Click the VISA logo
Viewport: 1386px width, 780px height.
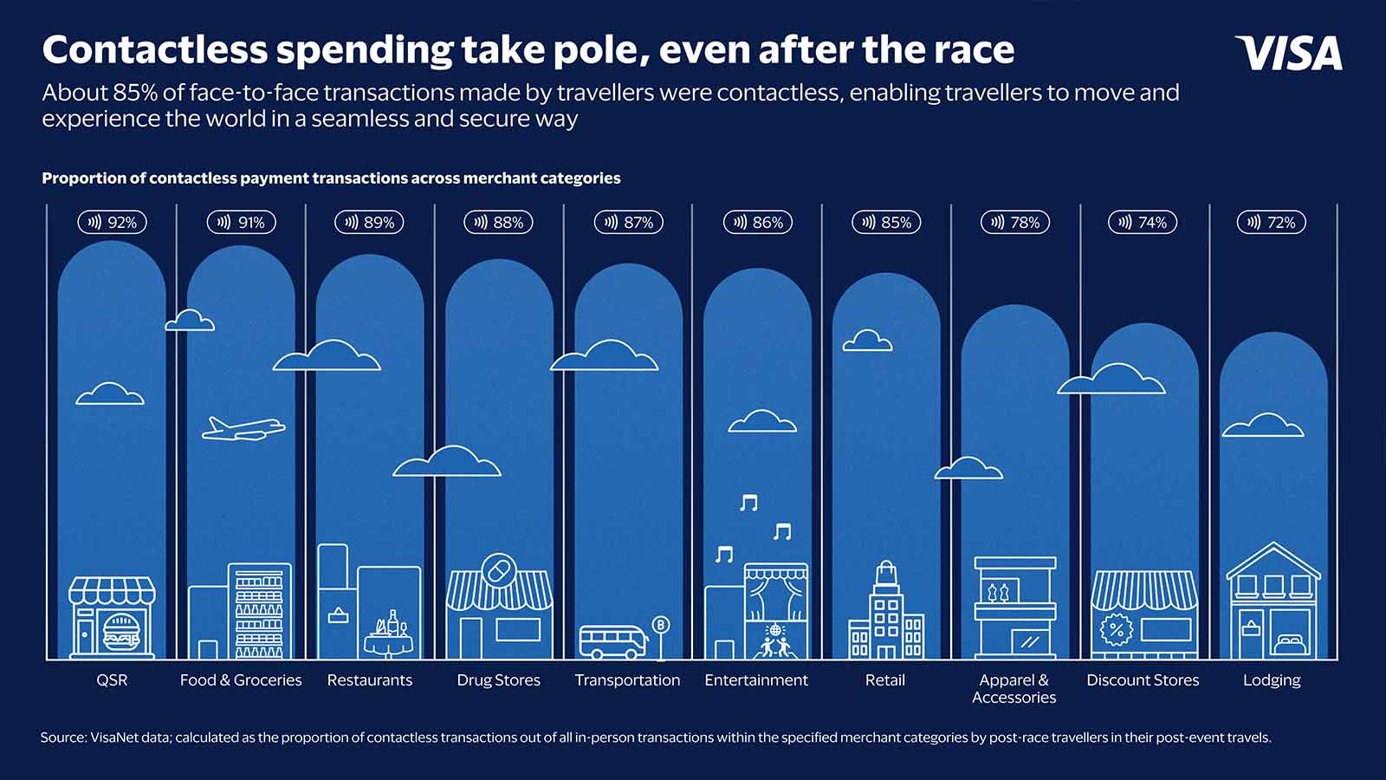(x=1288, y=53)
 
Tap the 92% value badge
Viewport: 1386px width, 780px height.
(x=113, y=223)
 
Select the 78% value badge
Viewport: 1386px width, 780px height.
(x=1015, y=223)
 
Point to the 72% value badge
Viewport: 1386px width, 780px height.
(x=1271, y=223)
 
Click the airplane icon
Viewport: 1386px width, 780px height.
(x=243, y=428)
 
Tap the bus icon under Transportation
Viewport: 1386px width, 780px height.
(x=612, y=642)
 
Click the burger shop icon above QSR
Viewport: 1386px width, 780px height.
(x=112, y=618)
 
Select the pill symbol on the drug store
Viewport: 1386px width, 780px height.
(x=499, y=570)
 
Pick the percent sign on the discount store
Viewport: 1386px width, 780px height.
(x=1117, y=629)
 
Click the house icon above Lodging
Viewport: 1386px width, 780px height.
(x=1273, y=600)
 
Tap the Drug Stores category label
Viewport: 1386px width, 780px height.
(x=498, y=680)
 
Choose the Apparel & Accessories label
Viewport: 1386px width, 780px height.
(x=1014, y=689)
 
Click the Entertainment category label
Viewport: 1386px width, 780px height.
(x=755, y=680)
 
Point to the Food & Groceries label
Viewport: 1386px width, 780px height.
(x=241, y=680)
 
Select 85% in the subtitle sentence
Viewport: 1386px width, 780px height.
(x=134, y=93)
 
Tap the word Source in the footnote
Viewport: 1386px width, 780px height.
(x=62, y=738)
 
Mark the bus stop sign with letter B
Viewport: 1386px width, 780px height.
(x=660, y=625)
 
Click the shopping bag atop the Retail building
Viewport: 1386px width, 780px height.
(x=885, y=574)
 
